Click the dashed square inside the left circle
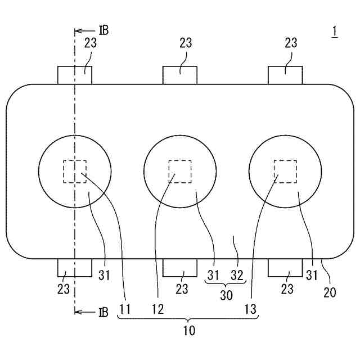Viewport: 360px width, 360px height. (x=75, y=171)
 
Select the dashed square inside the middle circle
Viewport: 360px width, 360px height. (x=180, y=171)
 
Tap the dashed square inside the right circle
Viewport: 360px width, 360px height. (x=285, y=171)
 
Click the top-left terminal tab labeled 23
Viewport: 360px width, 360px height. (x=75, y=75)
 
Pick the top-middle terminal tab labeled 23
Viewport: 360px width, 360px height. (x=180, y=75)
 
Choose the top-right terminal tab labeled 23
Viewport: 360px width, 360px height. (x=285, y=75)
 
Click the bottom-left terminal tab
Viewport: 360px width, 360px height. (x=75, y=268)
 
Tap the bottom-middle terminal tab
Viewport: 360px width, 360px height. (x=180, y=268)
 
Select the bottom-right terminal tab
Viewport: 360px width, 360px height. (x=285, y=268)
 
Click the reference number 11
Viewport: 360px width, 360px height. (x=125, y=309)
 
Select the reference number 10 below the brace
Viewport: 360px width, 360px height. (x=189, y=331)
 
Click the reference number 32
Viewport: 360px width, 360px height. (x=237, y=275)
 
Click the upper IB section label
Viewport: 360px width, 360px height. (x=102, y=30)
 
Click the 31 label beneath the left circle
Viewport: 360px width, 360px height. (x=105, y=275)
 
